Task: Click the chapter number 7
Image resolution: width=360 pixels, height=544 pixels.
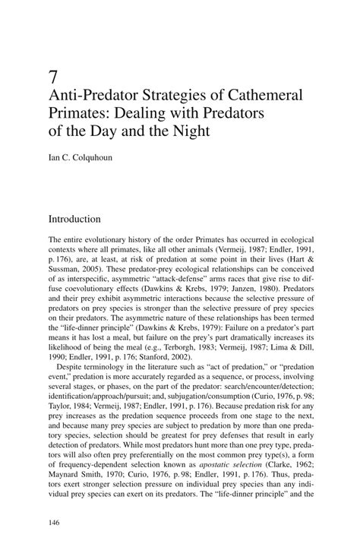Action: point(52,76)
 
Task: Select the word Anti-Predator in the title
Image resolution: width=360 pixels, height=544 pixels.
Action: point(86,97)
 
